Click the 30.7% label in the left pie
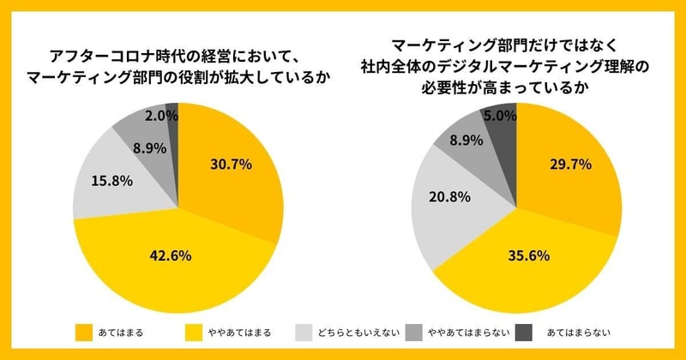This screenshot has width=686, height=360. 230,165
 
